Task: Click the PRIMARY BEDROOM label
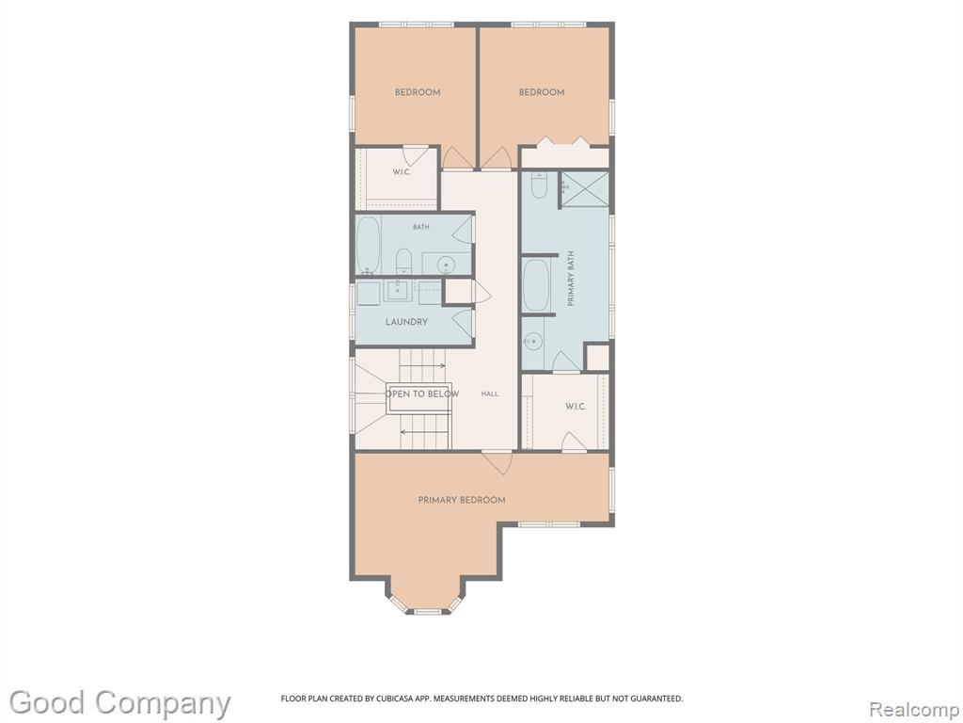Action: pos(462,500)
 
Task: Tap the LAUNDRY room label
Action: pos(406,322)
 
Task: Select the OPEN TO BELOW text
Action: pos(422,394)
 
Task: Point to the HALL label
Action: pos(490,394)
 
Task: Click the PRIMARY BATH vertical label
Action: pos(571,279)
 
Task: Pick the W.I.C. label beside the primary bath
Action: pos(576,407)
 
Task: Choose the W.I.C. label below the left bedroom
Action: pos(402,171)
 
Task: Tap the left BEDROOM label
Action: pos(418,92)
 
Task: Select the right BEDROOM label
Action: pos(542,92)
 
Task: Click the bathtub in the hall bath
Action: pos(369,245)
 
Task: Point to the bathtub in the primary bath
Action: pos(537,285)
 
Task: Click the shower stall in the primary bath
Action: pos(585,190)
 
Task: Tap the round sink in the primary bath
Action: pos(533,340)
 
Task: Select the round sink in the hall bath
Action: pos(447,265)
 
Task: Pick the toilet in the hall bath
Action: pos(403,261)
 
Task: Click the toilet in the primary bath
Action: pos(539,185)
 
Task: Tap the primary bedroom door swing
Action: pos(497,462)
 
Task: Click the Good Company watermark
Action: pos(119,703)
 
